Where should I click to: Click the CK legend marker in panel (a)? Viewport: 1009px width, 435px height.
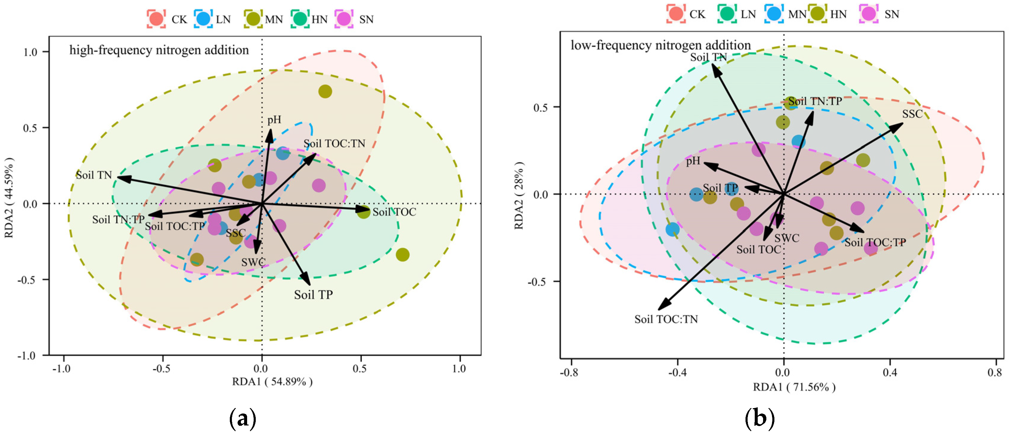tap(156, 19)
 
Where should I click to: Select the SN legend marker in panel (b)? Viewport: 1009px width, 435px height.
tap(869, 14)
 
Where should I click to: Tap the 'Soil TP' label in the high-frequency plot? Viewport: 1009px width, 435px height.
tap(313, 295)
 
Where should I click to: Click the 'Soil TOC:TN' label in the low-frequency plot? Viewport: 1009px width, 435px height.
tap(666, 319)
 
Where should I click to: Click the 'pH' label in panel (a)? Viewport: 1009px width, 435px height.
tap(274, 120)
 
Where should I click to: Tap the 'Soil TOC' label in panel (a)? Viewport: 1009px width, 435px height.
tap(394, 212)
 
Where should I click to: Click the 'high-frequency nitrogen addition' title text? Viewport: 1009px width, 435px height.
tap(159, 50)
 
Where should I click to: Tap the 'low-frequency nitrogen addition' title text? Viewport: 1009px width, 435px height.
tap(660, 45)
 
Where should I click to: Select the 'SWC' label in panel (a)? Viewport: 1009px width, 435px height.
tap(253, 262)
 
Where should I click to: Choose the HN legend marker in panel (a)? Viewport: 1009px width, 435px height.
tap(300, 19)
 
